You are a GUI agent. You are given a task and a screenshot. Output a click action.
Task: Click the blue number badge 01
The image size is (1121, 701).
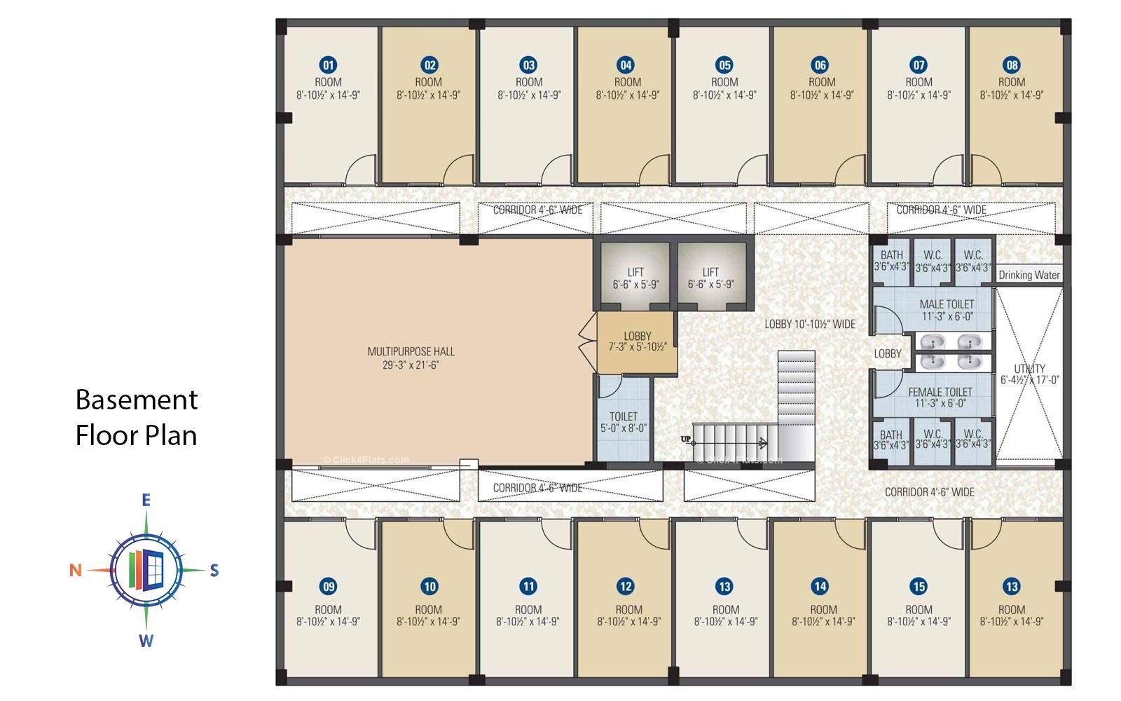(x=327, y=65)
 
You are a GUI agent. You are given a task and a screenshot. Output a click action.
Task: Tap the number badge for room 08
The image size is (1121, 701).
(x=1012, y=65)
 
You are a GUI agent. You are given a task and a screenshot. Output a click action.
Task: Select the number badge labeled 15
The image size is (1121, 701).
(x=918, y=587)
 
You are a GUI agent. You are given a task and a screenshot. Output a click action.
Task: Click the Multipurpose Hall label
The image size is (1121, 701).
(x=411, y=358)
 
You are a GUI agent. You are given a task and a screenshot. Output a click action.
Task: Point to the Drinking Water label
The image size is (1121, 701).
(x=1029, y=275)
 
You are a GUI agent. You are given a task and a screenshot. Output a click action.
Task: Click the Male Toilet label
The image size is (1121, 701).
(x=947, y=310)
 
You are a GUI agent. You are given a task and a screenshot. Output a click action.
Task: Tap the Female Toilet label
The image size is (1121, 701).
(x=940, y=397)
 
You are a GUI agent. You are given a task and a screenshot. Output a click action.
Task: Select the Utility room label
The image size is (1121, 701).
(x=1029, y=374)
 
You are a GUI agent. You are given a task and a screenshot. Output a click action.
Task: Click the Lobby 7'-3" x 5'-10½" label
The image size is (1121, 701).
(x=637, y=341)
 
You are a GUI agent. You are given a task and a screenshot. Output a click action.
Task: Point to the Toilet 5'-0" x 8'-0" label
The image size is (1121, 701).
(x=623, y=421)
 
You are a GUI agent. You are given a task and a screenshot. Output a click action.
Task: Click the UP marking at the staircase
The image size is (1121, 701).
(x=686, y=440)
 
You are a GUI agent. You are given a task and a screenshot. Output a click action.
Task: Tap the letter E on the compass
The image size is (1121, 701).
(x=146, y=500)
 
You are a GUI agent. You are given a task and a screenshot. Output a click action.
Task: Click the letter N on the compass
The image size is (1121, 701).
(x=75, y=571)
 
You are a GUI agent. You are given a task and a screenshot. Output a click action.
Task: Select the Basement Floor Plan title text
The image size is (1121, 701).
(x=136, y=417)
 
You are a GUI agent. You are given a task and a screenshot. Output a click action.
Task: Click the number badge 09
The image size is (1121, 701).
(x=327, y=587)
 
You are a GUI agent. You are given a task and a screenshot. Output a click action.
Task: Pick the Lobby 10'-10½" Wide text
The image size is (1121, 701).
(x=809, y=324)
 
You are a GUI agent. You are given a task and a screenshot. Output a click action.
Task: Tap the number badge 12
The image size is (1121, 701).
(x=626, y=587)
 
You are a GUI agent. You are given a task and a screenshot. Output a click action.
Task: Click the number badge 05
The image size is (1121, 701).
(x=724, y=65)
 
